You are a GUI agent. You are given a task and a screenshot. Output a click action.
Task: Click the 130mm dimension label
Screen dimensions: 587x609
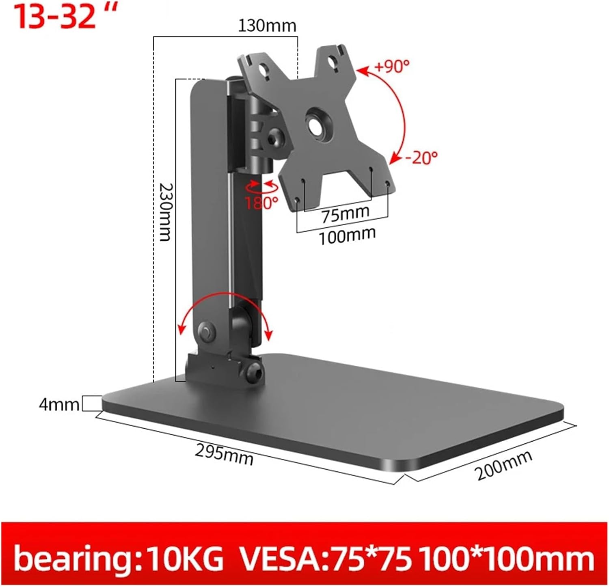click(267, 26)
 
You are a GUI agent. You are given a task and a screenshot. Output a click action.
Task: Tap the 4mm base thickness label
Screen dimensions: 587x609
click(59, 405)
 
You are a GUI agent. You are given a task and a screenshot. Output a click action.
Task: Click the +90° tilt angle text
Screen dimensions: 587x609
click(391, 66)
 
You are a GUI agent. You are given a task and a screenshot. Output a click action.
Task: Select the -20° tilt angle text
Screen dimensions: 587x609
click(421, 158)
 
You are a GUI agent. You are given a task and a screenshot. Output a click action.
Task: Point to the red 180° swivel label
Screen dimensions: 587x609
click(261, 202)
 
